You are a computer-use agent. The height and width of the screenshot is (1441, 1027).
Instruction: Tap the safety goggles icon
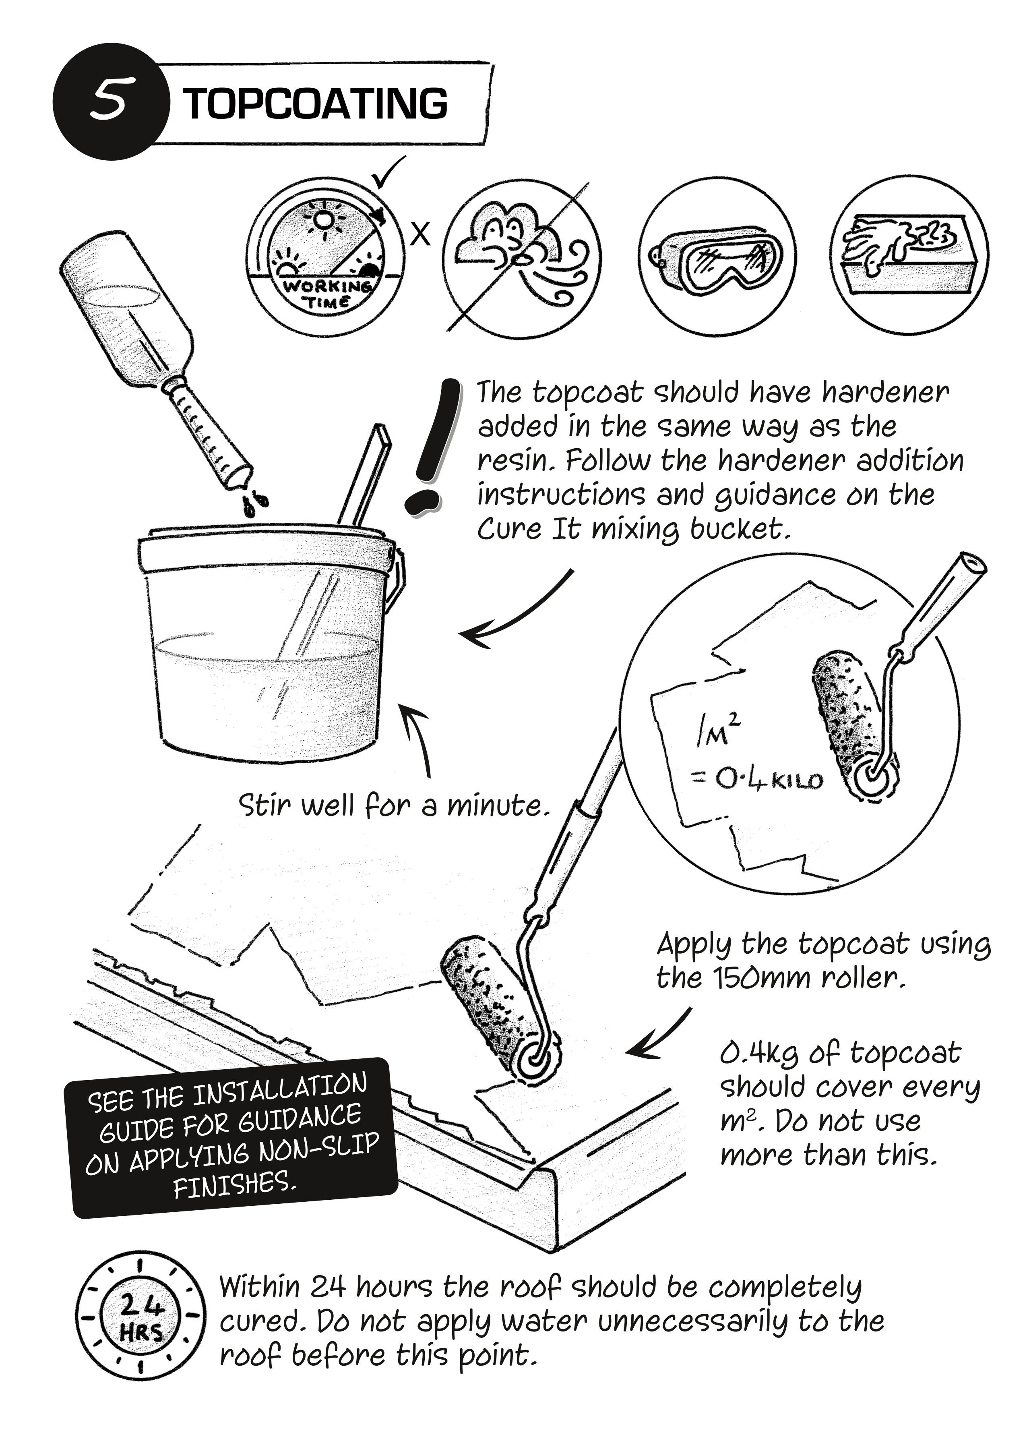(717, 263)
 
